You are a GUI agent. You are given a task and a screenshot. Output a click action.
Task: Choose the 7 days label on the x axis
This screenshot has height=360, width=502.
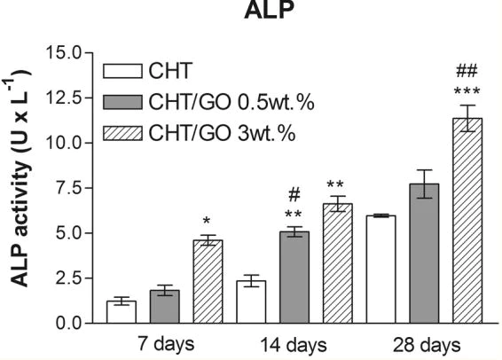[x=165, y=343]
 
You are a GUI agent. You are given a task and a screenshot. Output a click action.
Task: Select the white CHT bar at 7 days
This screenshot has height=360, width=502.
[x=122, y=312]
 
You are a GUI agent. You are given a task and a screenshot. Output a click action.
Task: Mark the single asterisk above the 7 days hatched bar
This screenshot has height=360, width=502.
[x=207, y=220]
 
